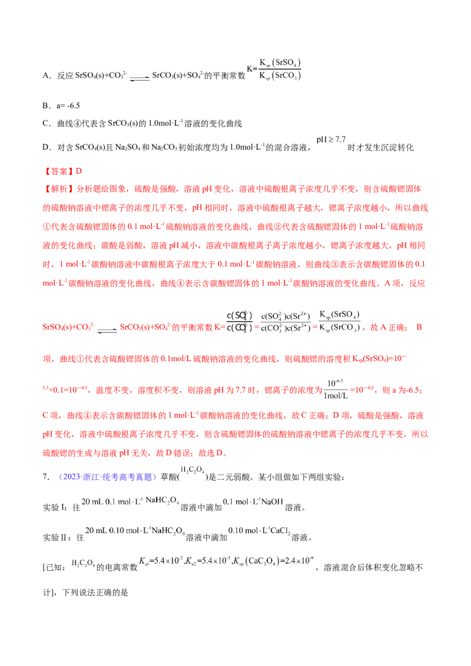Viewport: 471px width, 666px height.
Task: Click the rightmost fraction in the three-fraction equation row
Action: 338,321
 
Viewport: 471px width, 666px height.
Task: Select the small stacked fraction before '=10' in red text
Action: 337,388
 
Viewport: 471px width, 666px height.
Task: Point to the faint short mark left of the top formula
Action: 139,77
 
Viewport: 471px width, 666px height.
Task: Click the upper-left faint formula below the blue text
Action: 133,502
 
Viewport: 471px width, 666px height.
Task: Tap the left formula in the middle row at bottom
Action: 135,531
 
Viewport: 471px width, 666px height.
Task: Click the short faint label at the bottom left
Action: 82,562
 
